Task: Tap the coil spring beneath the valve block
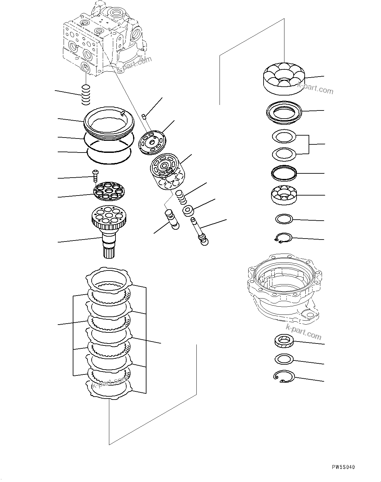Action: coord(85,95)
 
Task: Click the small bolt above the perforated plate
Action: coord(95,175)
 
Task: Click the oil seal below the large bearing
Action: coord(284,112)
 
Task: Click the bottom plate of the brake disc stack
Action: coord(109,389)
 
